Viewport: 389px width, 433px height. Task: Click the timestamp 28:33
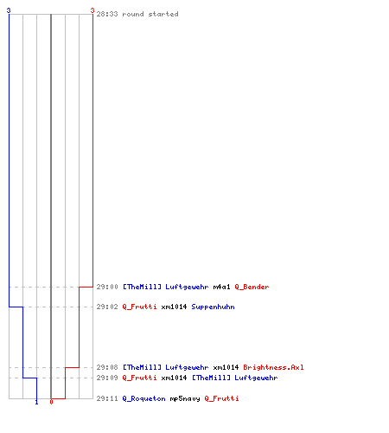[x=107, y=14]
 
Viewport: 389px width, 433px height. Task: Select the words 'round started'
[x=150, y=14]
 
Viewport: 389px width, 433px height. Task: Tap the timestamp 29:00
[x=107, y=287]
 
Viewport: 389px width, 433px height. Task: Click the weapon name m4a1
[x=221, y=287]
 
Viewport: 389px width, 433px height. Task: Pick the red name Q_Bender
[x=252, y=287]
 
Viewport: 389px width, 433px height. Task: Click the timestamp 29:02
[x=107, y=307]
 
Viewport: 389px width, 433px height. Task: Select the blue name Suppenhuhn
[x=213, y=307]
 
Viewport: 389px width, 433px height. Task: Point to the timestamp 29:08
[x=107, y=367]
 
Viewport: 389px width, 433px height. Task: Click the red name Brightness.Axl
[x=273, y=367]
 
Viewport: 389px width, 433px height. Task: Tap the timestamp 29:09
[x=107, y=378]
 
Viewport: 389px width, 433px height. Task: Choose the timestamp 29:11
[x=107, y=398]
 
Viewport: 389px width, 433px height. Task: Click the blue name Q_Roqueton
[x=143, y=398]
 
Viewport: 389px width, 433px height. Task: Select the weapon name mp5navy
[x=185, y=399]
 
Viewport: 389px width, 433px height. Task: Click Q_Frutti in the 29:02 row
[x=139, y=307]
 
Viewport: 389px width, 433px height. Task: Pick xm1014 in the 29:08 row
[x=226, y=367]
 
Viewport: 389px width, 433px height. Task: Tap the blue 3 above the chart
[x=9, y=10]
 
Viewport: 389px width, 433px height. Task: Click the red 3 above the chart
[x=92, y=10]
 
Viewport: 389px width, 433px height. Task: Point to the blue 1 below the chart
[x=36, y=402]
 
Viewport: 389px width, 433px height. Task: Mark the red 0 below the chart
[x=51, y=402]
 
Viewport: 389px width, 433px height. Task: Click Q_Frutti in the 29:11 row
[x=221, y=398]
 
